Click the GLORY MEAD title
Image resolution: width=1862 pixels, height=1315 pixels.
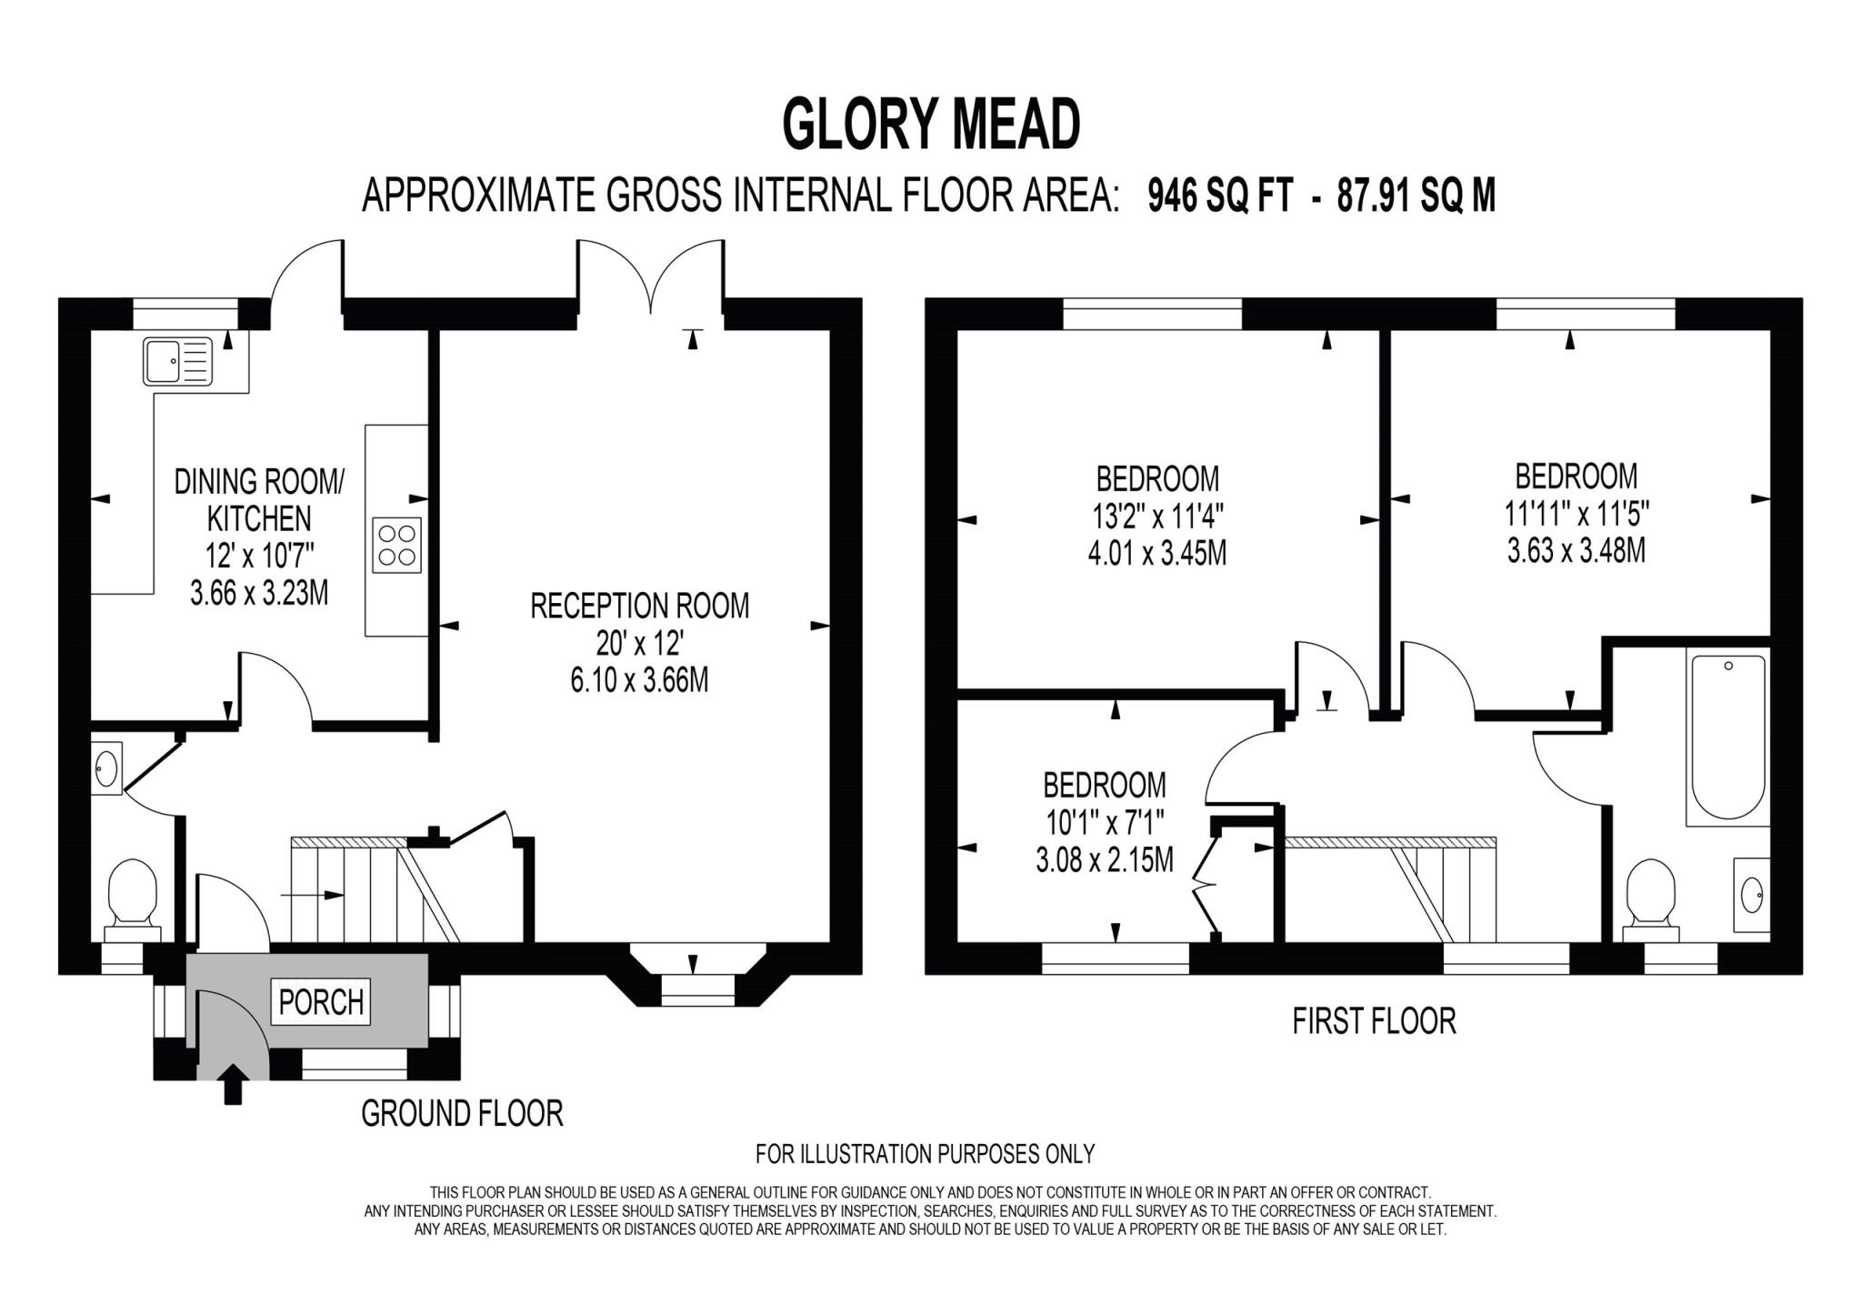931,125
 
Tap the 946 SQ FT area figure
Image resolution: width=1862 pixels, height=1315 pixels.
1219,196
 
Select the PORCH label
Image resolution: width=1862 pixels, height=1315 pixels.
321,1002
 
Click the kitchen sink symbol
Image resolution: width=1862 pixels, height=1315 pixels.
177,361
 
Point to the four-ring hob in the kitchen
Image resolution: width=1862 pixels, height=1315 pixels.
397,545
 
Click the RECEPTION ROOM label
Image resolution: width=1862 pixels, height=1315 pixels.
640,606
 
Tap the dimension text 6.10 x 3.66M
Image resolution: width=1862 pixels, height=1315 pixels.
639,680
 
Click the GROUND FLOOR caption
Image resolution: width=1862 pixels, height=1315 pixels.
462,1113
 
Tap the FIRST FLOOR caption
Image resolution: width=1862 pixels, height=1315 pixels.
1374,1021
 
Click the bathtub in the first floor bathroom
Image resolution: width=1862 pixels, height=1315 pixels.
1727,737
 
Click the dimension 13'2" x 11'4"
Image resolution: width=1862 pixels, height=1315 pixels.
1158,517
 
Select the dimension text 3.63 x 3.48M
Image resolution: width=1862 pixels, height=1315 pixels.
1576,551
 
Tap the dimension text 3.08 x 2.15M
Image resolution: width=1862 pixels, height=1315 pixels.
1105,859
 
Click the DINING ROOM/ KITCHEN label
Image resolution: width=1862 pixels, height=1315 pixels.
259,499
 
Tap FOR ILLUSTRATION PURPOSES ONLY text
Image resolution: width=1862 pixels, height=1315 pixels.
925,1154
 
